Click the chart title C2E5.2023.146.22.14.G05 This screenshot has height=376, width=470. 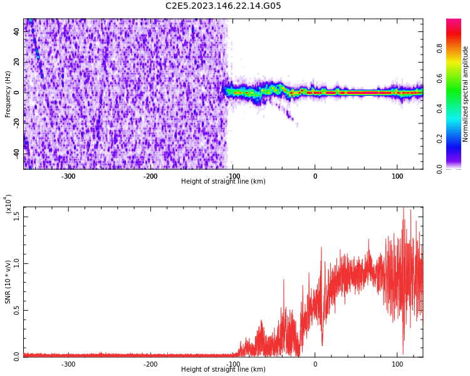pyautogui.click(x=223, y=6)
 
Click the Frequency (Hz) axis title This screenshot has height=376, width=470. pyautogui.click(x=8, y=94)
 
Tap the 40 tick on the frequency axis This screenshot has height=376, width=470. pyautogui.click(x=18, y=32)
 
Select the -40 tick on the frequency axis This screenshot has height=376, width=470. pyautogui.click(x=16, y=153)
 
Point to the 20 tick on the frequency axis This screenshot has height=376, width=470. pyautogui.click(x=18, y=62)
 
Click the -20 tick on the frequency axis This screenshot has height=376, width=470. pyautogui.click(x=16, y=123)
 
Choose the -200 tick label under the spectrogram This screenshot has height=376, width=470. pyautogui.click(x=150, y=176)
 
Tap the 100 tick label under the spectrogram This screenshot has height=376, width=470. pyautogui.click(x=397, y=176)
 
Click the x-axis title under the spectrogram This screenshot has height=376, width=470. pyautogui.click(x=223, y=182)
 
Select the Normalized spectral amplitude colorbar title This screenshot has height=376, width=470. pyautogui.click(x=466, y=94)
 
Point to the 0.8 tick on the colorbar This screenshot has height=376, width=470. pyautogui.click(x=439, y=48)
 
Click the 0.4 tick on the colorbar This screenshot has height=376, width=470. pyautogui.click(x=439, y=108)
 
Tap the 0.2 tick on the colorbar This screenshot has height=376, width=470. pyautogui.click(x=439, y=138)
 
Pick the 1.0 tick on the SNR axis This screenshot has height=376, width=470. pyautogui.click(x=16, y=263)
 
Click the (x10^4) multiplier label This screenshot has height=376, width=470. pyautogui.click(x=8, y=204)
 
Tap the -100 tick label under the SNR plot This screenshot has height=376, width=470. pyautogui.click(x=232, y=364)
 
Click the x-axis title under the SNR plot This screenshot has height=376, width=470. pyautogui.click(x=223, y=370)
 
